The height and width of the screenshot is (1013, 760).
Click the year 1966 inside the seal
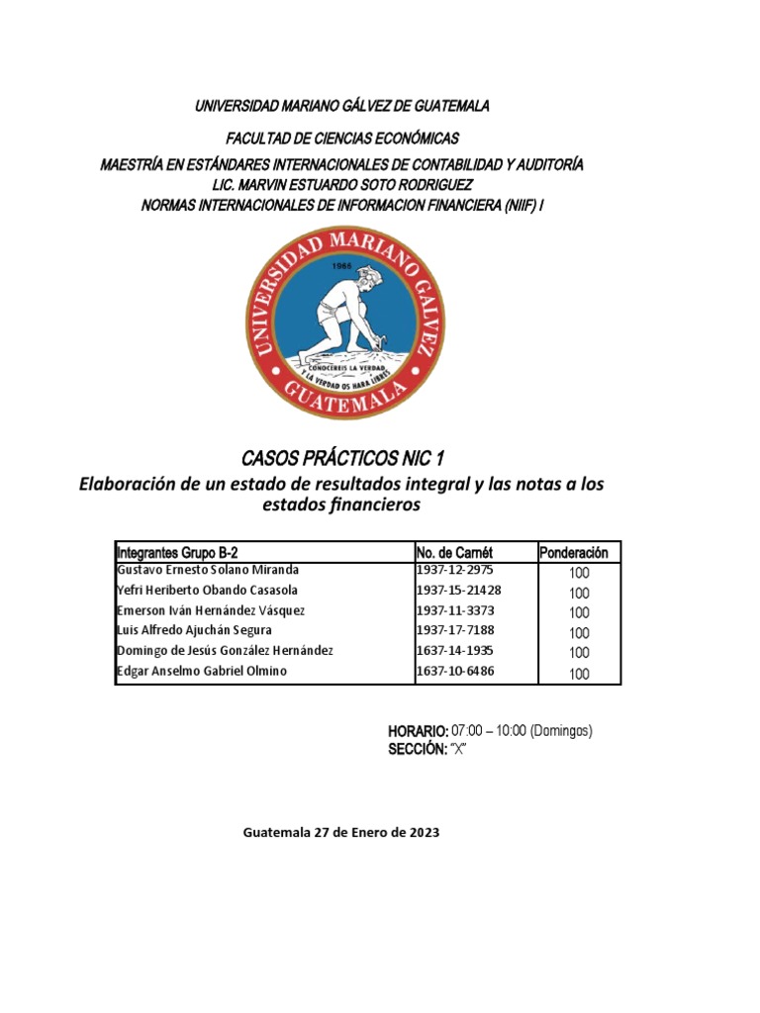pos(342,266)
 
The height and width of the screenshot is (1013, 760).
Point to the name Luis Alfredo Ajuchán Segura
pos(193,630)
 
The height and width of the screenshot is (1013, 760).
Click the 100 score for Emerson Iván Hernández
pos(579,612)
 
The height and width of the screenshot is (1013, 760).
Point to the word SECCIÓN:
pos(418,749)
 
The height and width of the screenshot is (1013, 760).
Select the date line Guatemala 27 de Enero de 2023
pos(341,833)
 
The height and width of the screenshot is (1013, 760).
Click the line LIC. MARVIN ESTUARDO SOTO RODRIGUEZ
pos(342,185)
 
